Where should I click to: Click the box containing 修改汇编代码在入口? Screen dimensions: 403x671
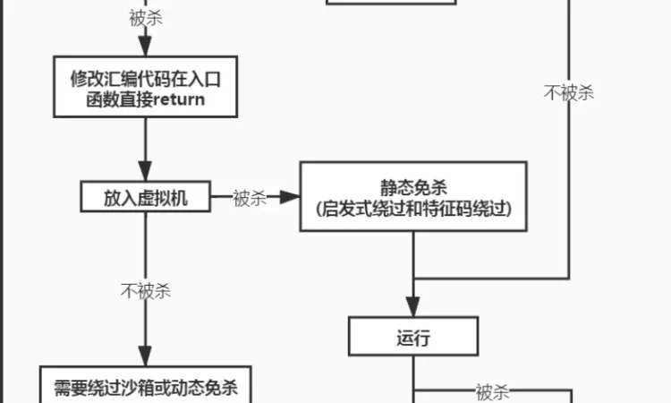click(x=145, y=88)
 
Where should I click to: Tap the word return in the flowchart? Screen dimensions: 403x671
click(x=179, y=99)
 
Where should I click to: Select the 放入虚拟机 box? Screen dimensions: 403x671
click(x=145, y=198)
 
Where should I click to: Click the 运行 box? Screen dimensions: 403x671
click(x=412, y=339)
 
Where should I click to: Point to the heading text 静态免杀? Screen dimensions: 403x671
click(x=412, y=187)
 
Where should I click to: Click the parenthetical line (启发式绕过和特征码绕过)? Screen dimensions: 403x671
click(x=412, y=209)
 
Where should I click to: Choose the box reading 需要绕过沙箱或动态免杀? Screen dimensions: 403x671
click(x=145, y=387)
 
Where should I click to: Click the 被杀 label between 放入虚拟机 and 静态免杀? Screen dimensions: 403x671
click(x=250, y=198)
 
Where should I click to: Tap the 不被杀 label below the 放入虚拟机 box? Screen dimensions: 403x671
click(x=145, y=291)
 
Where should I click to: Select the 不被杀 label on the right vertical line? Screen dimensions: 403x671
click(x=569, y=92)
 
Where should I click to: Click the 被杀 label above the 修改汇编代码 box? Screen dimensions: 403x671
click(x=145, y=19)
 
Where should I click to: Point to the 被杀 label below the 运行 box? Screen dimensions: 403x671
click(x=492, y=390)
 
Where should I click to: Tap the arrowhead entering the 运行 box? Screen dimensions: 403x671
click(x=412, y=313)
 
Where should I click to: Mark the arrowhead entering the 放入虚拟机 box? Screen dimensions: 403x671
click(x=145, y=176)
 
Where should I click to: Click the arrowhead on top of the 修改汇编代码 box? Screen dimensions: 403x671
click(x=145, y=51)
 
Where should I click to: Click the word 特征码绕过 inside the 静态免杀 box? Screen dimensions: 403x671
click(x=469, y=209)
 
